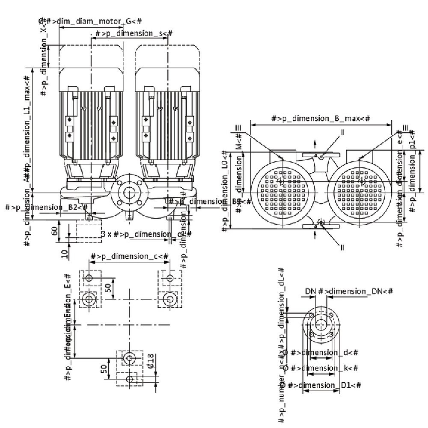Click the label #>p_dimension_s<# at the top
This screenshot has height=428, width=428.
click(134, 33)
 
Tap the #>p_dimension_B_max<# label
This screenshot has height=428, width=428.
click(321, 119)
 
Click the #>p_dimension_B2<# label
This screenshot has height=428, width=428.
click(47, 208)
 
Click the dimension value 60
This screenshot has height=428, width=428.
click(54, 231)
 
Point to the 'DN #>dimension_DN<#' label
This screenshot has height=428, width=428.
click(349, 291)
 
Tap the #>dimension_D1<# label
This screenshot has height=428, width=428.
click(325, 385)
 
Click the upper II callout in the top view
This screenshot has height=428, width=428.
click(342, 132)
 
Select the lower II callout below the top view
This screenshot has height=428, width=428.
click(342, 247)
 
